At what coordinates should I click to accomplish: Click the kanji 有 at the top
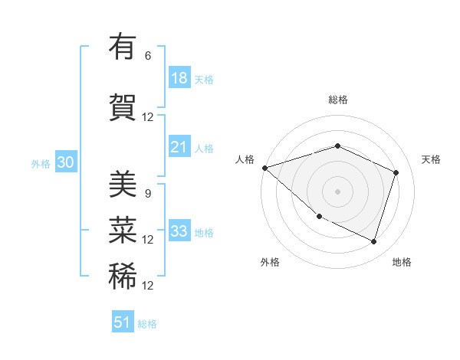[123, 47]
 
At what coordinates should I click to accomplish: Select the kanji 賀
[123, 107]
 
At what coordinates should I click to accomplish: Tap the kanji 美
[123, 184]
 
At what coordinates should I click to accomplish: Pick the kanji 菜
[123, 230]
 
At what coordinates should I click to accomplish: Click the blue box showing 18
[179, 78]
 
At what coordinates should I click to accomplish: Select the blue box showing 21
[179, 147]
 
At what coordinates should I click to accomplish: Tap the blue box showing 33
[179, 231]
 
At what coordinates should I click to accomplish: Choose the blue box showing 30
[66, 163]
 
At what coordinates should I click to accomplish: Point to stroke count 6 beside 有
[148, 56]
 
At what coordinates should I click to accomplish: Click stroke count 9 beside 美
[148, 193]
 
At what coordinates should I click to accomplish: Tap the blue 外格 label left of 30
[41, 164]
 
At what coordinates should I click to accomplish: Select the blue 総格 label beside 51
[147, 324]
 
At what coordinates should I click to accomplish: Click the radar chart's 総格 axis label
[337, 100]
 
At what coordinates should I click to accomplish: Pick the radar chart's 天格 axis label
[431, 159]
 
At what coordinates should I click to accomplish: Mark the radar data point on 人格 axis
[264, 168]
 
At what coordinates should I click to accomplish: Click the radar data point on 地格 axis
[373, 241]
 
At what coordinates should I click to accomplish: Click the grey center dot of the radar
[337, 191]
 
